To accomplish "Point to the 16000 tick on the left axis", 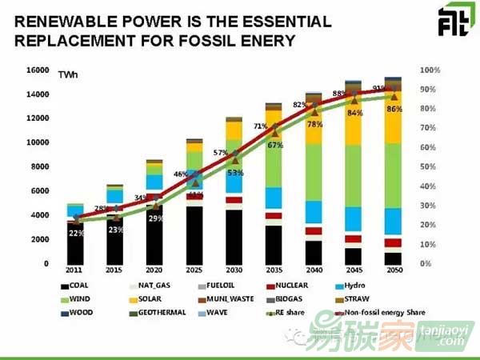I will tap(37, 70).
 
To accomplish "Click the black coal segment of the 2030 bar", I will tap(233, 237).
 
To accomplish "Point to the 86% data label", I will tap(394, 108).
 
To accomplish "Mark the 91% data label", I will tap(379, 89).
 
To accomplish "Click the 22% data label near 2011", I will tap(75, 233).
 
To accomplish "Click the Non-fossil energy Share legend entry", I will tap(378, 312).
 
